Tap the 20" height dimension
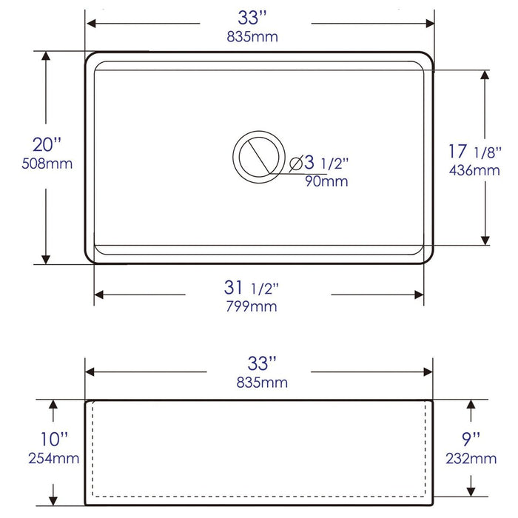point(47,144)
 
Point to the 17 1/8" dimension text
point(474,152)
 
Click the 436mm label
point(474,170)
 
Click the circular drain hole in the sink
point(258,154)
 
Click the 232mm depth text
point(472,459)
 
